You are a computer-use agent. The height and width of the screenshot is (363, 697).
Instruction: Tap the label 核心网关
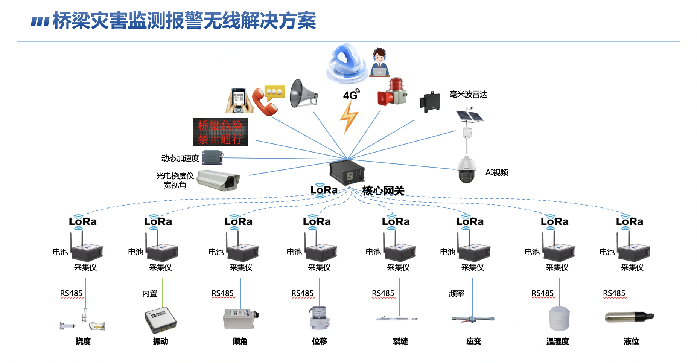[x=383, y=191]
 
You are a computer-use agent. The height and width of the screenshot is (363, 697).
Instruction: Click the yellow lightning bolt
[x=348, y=117]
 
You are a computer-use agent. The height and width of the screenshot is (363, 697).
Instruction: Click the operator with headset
[x=379, y=63]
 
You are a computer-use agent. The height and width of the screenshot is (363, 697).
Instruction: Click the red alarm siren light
[x=393, y=93]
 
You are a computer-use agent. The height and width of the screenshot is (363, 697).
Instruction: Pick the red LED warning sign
[x=221, y=132]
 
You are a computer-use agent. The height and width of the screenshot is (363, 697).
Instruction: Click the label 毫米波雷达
[x=468, y=94]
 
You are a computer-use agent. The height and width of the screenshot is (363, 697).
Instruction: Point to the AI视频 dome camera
[x=466, y=170]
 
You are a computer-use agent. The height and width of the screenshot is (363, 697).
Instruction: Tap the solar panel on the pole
[x=469, y=116]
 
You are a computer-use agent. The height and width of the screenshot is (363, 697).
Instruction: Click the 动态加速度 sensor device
[x=212, y=157]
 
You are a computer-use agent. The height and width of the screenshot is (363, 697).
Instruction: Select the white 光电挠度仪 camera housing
[x=218, y=180]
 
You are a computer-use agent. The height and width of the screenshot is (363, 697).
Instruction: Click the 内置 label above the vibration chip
[x=150, y=293]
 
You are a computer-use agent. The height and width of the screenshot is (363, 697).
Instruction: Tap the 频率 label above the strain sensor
[x=456, y=293]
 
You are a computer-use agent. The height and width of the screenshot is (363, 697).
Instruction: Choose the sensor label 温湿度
[x=557, y=341]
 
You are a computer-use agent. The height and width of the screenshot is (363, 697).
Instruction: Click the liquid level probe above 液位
[x=629, y=317]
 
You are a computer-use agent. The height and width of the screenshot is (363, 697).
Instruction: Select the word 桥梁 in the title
[x=72, y=21]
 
